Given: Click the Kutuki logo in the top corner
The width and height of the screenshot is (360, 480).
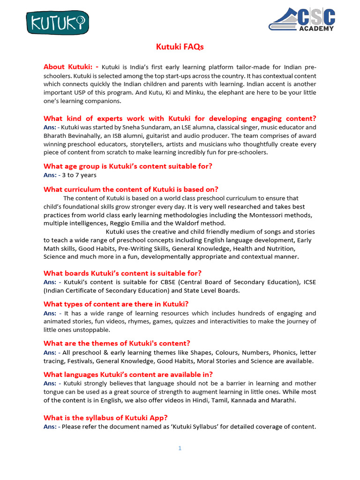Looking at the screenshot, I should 57,22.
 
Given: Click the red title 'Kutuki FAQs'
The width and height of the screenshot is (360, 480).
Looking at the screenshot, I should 180,47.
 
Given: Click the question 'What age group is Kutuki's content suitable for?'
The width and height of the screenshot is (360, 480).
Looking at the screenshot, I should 127,166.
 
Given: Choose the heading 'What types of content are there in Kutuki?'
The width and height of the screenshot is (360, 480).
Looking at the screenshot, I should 116,304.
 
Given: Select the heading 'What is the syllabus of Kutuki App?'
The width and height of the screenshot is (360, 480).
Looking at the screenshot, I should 105,418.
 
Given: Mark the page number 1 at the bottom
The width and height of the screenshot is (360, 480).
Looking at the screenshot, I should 180,448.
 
